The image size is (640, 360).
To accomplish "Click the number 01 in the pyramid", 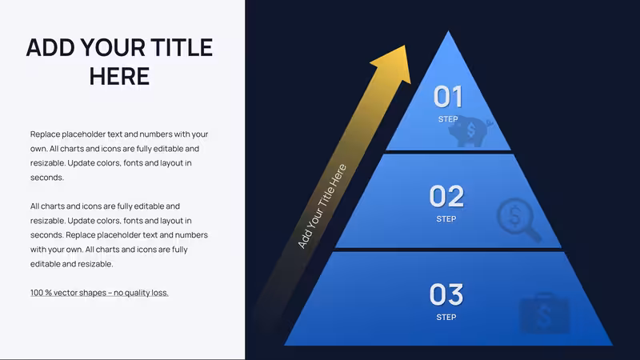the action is tap(448, 97).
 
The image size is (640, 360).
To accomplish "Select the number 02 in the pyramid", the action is tap(446, 196).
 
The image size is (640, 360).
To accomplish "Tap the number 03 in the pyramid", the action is tap(446, 294).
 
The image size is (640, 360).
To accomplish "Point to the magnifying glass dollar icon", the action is tap(518, 219).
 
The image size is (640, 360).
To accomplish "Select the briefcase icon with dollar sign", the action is tap(544, 314).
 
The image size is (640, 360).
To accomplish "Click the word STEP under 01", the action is tap(448, 119).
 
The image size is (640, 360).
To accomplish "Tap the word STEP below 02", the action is tap(446, 219).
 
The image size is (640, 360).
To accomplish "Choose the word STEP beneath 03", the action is tap(446, 317).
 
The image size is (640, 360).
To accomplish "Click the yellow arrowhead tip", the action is tap(406, 46).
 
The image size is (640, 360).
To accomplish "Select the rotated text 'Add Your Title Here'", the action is tap(322, 206).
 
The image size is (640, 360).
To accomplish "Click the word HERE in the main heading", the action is tap(119, 76).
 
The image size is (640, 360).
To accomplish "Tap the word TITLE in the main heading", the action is tap(182, 47).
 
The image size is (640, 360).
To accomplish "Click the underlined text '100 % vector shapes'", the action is tap(68, 293).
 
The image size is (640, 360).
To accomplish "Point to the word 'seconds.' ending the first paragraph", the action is tap(47, 178).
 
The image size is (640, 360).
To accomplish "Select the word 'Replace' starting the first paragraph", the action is tap(45, 134).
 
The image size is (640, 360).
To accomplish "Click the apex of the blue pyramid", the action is tap(448, 31).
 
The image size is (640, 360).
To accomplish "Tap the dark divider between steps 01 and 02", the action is tap(448, 152).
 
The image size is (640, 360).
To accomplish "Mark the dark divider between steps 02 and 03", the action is tap(448, 250).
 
